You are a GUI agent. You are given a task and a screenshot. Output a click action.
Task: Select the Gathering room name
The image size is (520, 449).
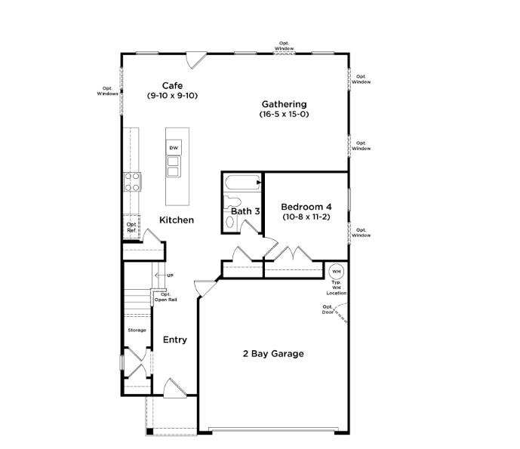tap(284, 104)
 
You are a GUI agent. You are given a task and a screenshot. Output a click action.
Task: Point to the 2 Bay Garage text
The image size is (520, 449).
tap(273, 353)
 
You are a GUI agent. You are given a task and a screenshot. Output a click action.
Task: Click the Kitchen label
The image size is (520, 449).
tap(176, 220)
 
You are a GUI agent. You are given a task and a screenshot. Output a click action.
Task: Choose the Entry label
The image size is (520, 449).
tap(175, 340)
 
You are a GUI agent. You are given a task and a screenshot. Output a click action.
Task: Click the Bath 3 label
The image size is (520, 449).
tap(245, 211)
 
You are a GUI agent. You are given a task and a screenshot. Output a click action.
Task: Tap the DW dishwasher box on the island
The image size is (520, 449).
tap(174, 148)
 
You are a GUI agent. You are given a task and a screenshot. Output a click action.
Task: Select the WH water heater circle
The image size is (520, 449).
tap(337, 271)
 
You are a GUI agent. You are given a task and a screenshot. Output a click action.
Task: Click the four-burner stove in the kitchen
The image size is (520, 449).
tap(132, 181)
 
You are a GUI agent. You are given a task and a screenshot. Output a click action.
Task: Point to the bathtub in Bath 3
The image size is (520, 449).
tap(242, 182)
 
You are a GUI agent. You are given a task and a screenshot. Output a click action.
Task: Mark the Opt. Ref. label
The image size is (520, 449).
tap(131, 227)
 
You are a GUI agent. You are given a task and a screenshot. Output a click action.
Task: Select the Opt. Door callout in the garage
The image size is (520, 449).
tap(328, 309)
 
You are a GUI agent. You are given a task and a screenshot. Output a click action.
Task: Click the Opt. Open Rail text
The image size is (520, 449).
tap(165, 297)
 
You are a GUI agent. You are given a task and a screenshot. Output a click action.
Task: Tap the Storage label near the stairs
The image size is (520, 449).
tap(137, 330)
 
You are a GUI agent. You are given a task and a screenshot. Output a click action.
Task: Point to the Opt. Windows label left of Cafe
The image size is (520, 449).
tap(108, 91)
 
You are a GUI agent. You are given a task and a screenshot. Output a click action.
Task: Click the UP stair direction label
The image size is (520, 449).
tap(170, 275)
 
